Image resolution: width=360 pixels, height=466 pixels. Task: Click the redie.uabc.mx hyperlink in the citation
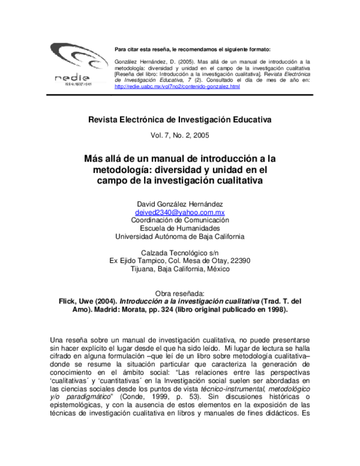point(177,86)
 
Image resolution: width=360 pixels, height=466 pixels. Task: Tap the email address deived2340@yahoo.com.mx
point(180,212)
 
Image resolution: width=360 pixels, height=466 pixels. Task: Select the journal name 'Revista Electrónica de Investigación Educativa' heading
point(180,120)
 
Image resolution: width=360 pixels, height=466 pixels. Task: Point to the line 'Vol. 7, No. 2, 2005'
point(180,135)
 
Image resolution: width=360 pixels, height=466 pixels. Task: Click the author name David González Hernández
point(180,204)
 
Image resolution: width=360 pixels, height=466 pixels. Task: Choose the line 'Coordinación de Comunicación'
point(180,220)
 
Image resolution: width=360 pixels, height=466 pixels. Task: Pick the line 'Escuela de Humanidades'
point(180,228)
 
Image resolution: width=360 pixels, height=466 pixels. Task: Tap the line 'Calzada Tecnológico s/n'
point(180,252)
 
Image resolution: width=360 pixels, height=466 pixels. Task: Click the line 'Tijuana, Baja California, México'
point(180,269)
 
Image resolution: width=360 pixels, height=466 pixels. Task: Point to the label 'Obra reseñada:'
point(180,293)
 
